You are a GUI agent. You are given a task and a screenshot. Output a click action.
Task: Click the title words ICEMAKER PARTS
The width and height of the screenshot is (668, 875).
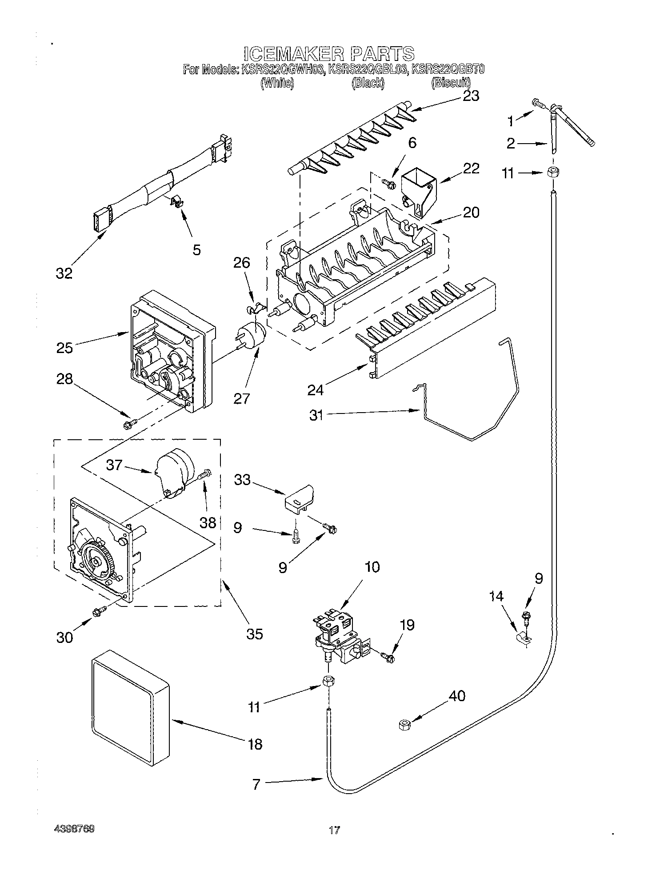pos(329,53)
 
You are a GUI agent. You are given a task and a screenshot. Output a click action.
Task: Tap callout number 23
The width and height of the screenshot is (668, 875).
pos(471,96)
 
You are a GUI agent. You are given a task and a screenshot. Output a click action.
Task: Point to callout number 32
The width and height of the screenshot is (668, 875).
pos(64,273)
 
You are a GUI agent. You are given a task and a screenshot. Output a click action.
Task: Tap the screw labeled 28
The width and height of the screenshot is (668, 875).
pos(129,425)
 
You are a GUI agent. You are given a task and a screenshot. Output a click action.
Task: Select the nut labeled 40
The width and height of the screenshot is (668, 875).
pos(404,725)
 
